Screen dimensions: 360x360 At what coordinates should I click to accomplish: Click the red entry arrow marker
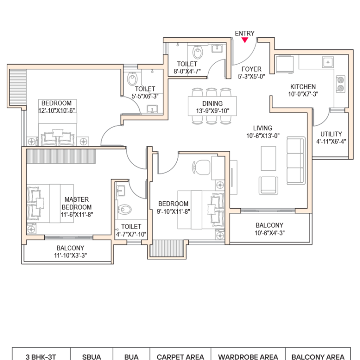click(245, 40)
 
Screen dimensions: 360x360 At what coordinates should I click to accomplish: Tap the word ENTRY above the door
click(245, 34)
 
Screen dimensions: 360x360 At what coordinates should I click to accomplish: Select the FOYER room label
click(252, 69)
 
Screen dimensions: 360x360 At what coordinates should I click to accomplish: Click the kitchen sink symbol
click(328, 62)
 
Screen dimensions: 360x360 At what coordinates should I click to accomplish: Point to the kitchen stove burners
click(341, 84)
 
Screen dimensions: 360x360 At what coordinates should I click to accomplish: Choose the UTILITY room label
click(331, 134)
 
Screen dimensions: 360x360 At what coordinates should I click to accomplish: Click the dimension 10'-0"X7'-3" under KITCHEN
click(303, 94)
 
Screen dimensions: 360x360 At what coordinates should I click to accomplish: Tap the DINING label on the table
click(212, 103)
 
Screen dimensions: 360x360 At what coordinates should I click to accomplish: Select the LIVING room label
click(263, 128)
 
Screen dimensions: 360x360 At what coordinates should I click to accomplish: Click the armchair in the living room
click(269, 186)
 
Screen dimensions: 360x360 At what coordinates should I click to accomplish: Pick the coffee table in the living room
click(269, 158)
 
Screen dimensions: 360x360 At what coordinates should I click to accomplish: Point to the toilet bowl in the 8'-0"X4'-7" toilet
click(198, 53)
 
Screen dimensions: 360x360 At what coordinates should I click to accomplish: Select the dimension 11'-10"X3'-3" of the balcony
click(71, 255)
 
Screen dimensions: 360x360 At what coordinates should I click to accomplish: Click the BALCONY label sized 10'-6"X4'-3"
click(270, 225)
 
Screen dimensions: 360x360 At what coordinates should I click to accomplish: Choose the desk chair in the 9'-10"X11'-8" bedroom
click(201, 168)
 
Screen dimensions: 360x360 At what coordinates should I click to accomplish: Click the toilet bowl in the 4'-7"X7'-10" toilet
click(125, 210)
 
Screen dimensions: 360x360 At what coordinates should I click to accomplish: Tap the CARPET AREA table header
click(180, 357)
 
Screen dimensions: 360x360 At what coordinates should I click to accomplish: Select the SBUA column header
click(91, 357)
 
